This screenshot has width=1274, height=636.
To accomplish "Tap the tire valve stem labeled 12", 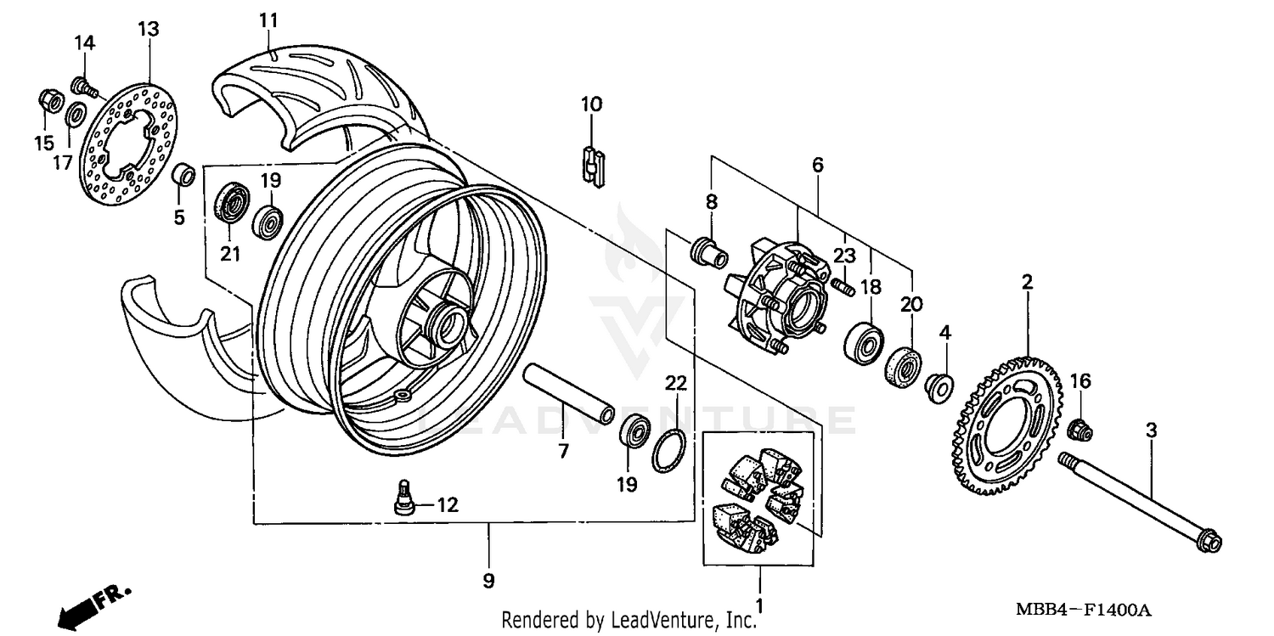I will pos(404,497).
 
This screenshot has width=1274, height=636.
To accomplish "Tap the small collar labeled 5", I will pos(184,176).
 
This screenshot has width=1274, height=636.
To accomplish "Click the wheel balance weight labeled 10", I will pos(592,166).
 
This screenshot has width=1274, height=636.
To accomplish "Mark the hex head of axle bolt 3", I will pos(1211,541).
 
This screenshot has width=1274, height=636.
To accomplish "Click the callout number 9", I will pos(488,581).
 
